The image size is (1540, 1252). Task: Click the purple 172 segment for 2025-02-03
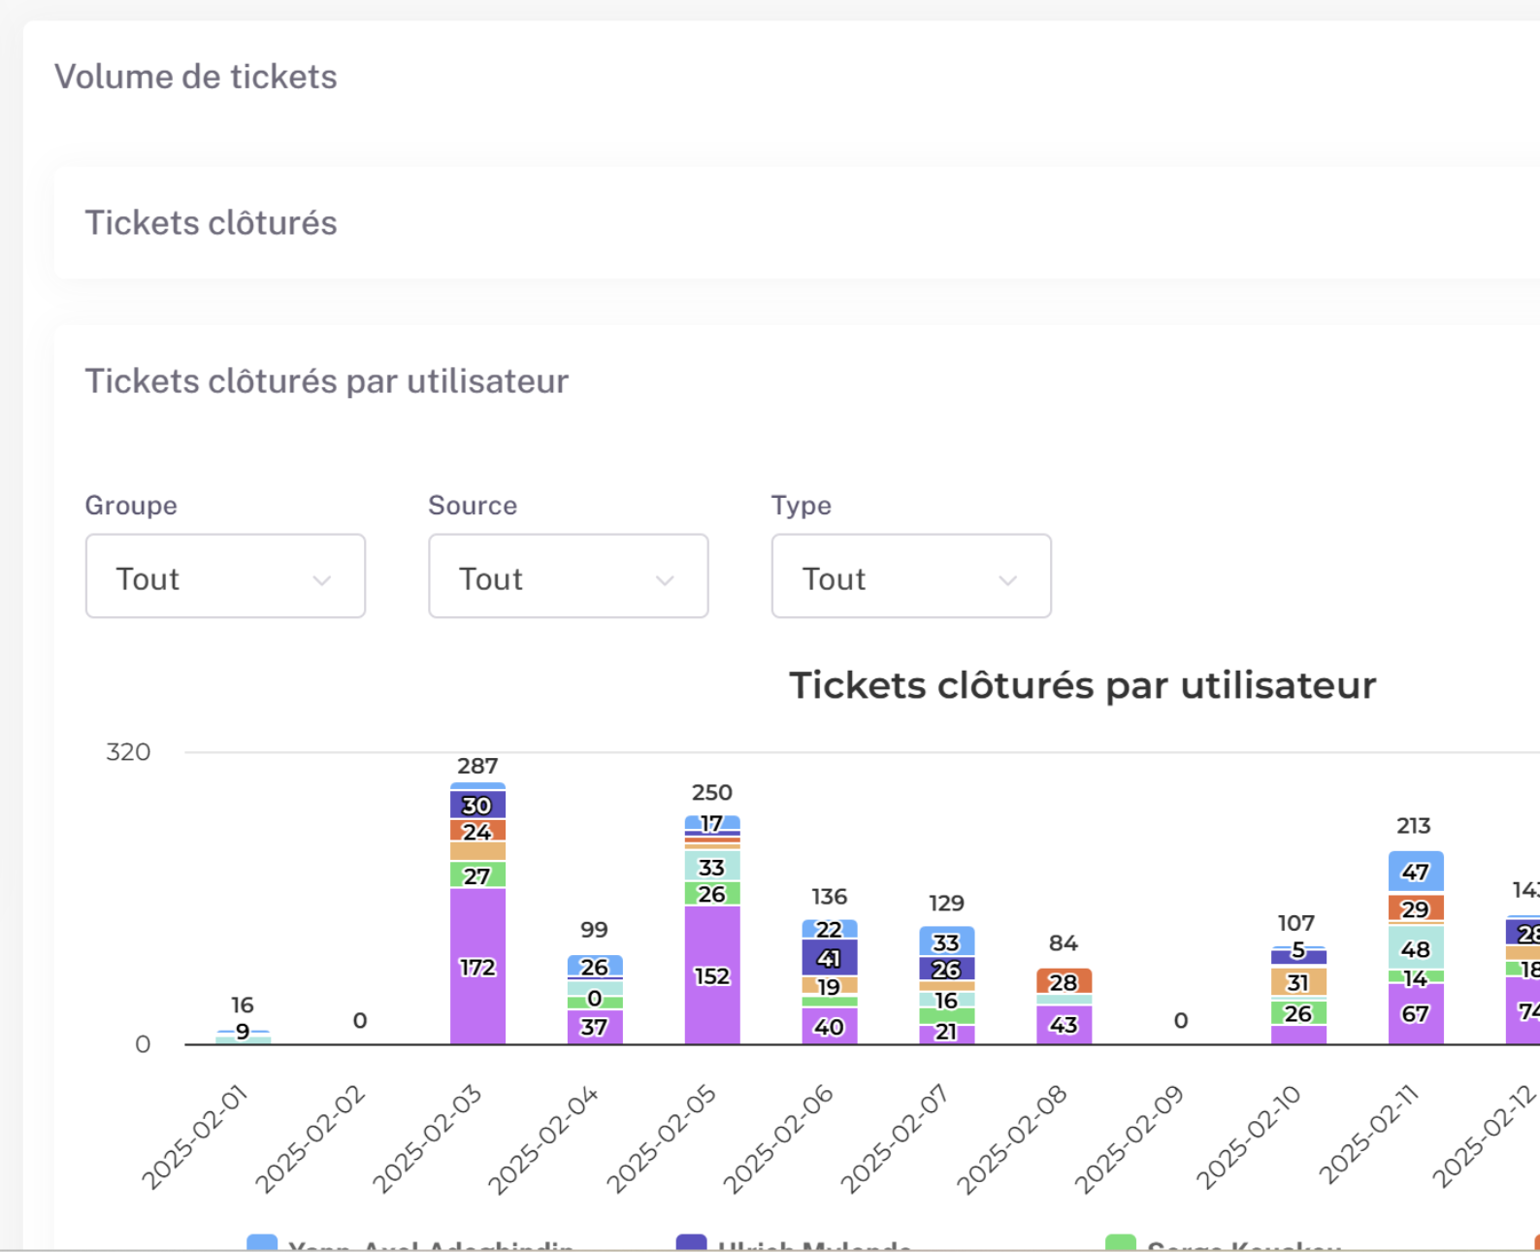tap(477, 967)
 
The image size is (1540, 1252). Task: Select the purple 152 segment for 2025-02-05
tap(712, 975)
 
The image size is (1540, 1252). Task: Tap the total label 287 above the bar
tap(477, 766)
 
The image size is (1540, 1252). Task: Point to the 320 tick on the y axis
tap(128, 752)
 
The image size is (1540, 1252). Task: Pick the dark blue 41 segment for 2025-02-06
tap(830, 958)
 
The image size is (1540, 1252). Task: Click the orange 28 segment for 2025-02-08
tap(1064, 981)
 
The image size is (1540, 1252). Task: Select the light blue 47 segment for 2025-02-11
tap(1415, 872)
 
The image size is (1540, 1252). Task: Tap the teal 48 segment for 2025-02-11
tap(1415, 948)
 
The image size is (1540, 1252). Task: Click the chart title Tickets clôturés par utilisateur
tap(1082, 685)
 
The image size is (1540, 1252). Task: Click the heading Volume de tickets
tap(196, 77)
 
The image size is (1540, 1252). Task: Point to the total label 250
tap(712, 792)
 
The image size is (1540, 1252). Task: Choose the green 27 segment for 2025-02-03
tap(477, 875)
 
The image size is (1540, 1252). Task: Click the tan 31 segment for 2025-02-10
tap(1298, 982)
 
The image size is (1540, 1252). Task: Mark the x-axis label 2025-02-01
tap(195, 1138)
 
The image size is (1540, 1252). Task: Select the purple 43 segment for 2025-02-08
tap(1064, 1025)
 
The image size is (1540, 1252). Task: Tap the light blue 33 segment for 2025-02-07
tap(946, 941)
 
